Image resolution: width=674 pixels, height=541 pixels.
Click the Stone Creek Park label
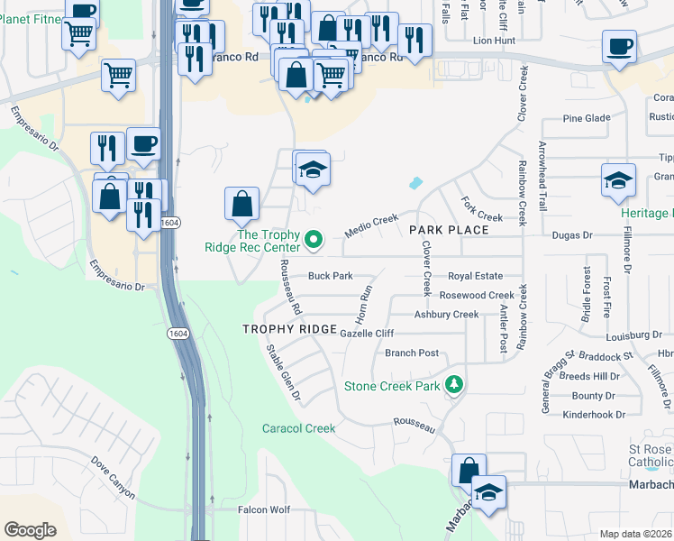click(x=392, y=387)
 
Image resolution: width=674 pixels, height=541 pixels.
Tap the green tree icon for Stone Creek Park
click(x=455, y=386)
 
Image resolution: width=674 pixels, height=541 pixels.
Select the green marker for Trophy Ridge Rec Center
click(x=314, y=239)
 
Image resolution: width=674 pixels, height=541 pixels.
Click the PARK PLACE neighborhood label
click(x=449, y=230)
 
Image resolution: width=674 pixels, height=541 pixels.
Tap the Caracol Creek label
click(x=298, y=429)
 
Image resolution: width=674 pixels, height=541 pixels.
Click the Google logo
click(x=30, y=530)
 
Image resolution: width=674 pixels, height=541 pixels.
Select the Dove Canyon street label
click(x=113, y=477)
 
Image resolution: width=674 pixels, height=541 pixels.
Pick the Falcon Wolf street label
click(x=263, y=509)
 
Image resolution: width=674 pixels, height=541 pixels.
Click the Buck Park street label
click(x=330, y=276)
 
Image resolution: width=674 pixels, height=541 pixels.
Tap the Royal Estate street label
click(x=475, y=277)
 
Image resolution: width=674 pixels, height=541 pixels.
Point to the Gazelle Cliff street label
click(x=368, y=334)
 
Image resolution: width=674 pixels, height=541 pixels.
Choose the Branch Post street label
click(x=412, y=353)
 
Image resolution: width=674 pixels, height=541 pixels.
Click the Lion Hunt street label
click(x=494, y=41)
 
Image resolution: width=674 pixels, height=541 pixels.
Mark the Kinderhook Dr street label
click(x=587, y=415)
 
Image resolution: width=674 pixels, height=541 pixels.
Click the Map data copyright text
click(x=636, y=534)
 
